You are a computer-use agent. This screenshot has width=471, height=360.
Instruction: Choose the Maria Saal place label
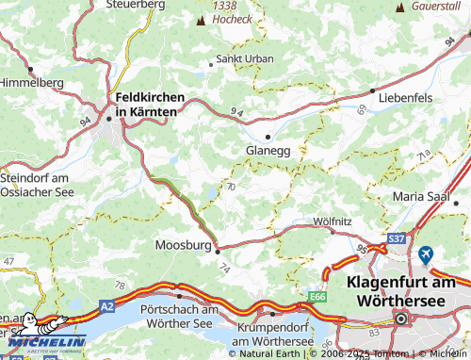(426, 197)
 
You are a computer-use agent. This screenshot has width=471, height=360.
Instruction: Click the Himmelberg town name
(31, 83)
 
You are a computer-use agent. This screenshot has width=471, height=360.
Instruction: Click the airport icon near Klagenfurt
(427, 254)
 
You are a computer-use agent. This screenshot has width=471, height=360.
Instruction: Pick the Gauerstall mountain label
(438, 6)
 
